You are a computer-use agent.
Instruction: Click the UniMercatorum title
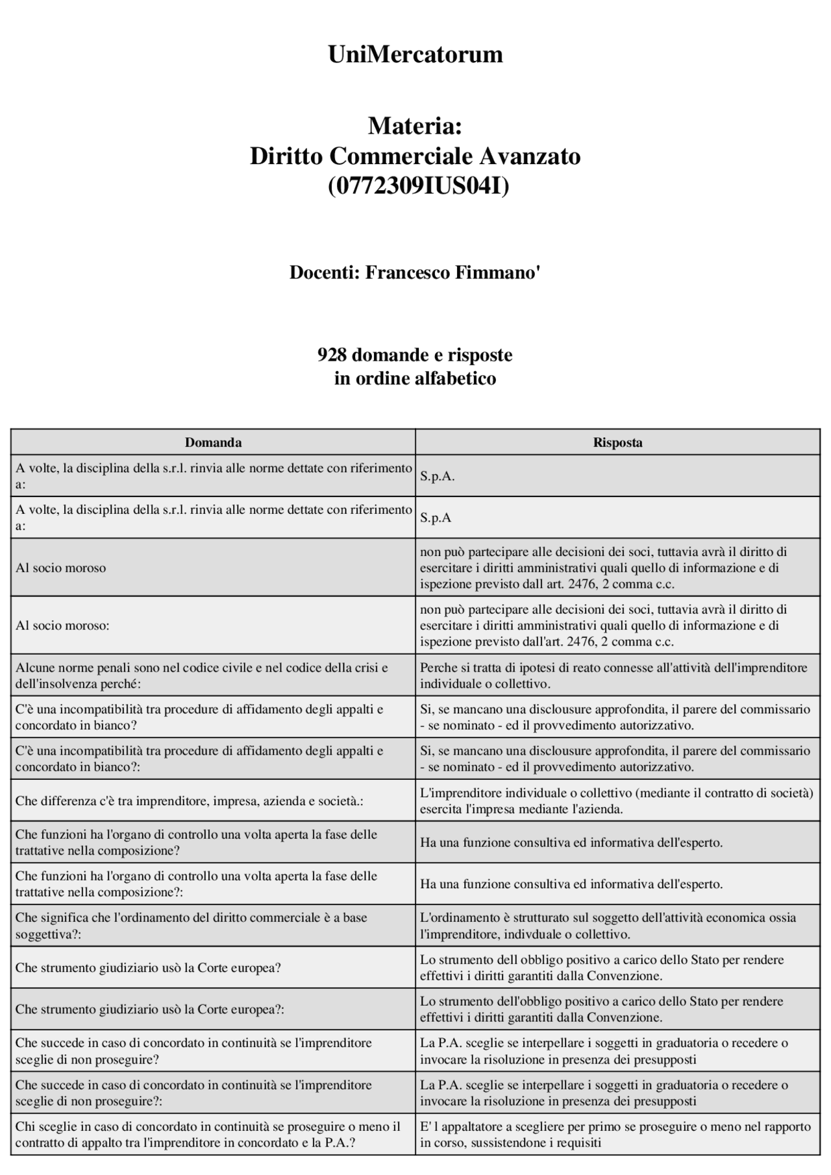point(415,55)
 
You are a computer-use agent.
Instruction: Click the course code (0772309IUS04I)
point(418,186)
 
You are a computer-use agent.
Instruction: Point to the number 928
point(331,355)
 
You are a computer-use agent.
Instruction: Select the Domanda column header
point(213,442)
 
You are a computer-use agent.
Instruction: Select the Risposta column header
point(617,442)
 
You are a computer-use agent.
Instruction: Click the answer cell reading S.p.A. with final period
point(437,476)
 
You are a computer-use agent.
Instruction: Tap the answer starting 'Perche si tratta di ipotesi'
point(613,675)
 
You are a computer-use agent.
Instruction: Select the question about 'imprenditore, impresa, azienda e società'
point(189,801)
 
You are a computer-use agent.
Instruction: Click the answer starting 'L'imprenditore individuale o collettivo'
point(616,801)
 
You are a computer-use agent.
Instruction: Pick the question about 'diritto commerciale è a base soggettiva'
point(191,926)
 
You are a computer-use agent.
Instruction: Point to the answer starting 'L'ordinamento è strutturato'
point(607,926)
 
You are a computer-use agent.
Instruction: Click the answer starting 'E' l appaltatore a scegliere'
point(615,1134)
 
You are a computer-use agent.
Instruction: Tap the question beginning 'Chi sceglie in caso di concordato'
point(208,1134)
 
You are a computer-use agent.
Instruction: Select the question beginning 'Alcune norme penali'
point(201,675)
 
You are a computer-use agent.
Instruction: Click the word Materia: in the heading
point(415,126)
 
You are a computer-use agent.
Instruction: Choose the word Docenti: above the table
point(324,273)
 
